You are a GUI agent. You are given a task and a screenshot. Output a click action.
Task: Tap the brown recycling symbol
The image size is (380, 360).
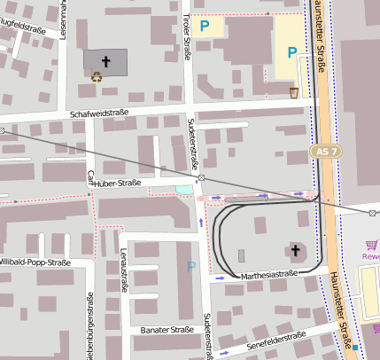pos(97,76)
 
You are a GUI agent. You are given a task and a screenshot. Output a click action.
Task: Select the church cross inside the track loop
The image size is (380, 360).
pos(295,250)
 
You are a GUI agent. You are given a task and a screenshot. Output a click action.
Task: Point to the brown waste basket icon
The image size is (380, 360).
pos(294,91)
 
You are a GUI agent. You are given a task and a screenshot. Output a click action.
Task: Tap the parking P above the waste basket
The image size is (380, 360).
pos(291,52)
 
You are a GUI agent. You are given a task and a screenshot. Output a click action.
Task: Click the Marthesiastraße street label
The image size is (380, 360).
pos(268,276)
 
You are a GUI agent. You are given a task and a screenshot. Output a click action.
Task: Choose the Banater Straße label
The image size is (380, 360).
pos(167,330)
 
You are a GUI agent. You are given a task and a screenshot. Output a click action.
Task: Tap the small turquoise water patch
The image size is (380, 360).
pos(183,189)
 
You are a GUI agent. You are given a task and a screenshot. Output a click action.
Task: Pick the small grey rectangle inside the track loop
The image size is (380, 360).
pos(242,256)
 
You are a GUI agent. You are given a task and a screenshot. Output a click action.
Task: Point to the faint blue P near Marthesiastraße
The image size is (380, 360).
pos(190,265)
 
